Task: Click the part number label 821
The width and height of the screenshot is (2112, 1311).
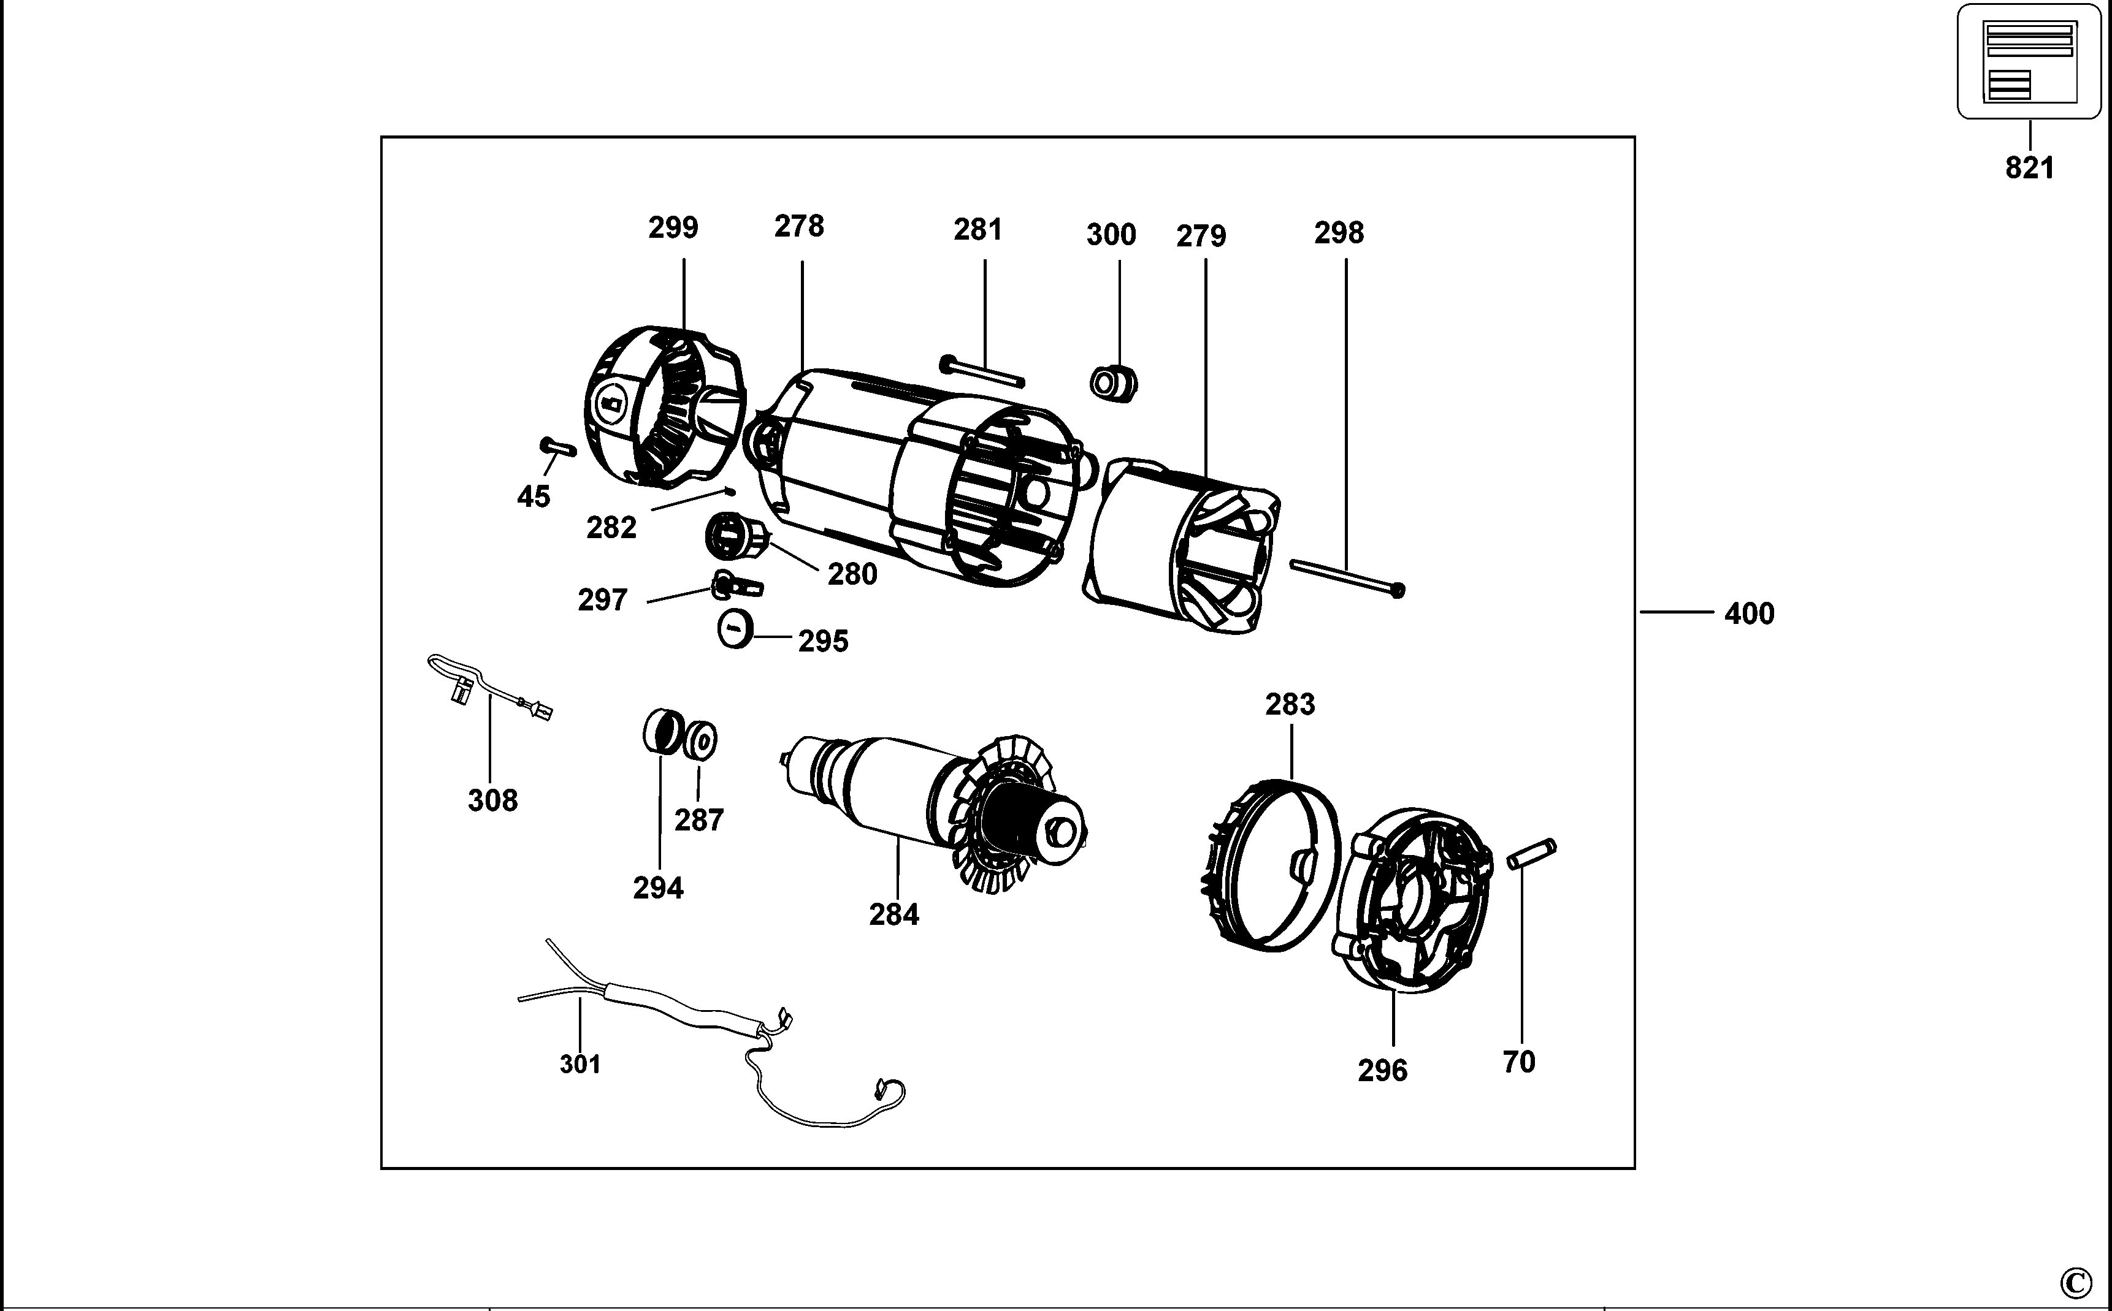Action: tap(2030, 167)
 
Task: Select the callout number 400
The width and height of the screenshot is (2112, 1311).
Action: tap(1748, 614)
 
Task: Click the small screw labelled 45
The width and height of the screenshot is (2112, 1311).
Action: tap(557, 447)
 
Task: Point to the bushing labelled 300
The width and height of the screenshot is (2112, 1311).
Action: tap(1113, 383)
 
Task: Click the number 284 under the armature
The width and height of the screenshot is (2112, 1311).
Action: tap(893, 914)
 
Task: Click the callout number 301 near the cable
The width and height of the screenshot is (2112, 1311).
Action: tap(580, 1064)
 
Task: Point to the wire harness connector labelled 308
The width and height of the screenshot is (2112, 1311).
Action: tap(460, 691)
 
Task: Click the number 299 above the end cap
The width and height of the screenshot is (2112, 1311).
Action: tap(673, 227)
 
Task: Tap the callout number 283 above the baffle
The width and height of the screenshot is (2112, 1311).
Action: tap(1290, 704)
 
